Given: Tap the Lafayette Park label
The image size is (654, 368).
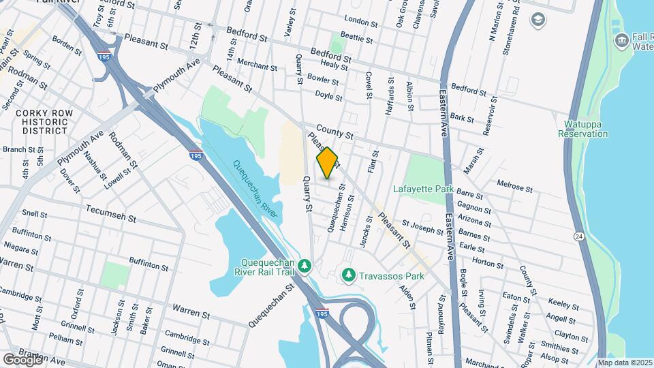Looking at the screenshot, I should (422, 189).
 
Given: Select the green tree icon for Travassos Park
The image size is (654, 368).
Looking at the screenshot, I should (348, 275).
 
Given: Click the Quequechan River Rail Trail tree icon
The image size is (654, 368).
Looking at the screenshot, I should (306, 264).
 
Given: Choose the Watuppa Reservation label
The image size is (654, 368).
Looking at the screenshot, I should (582, 129).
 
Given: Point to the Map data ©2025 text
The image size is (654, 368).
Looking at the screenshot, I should (625, 363).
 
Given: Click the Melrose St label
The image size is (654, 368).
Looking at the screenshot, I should (514, 185).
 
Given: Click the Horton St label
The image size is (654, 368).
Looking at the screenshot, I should (487, 262).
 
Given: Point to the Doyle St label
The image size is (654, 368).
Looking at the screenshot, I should (329, 96).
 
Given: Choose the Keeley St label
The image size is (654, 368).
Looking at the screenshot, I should (563, 301).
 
